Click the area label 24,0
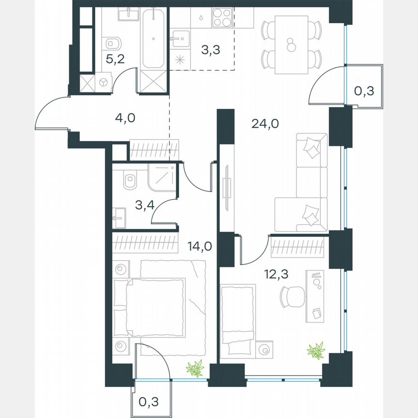[x=265, y=123]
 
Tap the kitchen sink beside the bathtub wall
[x=180, y=37]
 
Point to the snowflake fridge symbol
[x=180, y=60]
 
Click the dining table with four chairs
[x=291, y=45]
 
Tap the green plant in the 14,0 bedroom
[x=195, y=369]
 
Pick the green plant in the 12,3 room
[x=317, y=350]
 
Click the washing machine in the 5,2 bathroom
[x=104, y=82]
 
